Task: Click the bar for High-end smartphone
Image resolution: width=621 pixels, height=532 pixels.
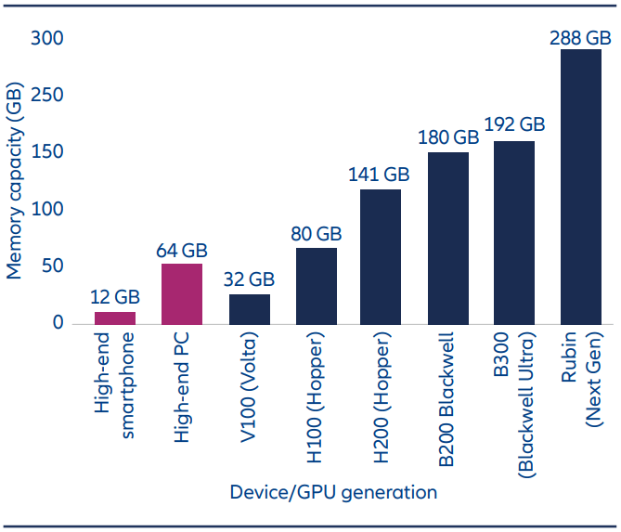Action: [115, 318]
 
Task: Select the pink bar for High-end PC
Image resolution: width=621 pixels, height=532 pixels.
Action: [182, 293]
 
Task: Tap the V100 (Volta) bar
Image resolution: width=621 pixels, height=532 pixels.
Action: [249, 309]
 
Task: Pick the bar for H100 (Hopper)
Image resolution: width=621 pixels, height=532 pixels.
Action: [316, 286]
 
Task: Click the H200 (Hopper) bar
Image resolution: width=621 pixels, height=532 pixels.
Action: [381, 256]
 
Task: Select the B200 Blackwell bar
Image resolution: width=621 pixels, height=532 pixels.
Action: [448, 238]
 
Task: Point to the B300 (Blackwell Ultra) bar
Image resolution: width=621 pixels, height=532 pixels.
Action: [514, 232]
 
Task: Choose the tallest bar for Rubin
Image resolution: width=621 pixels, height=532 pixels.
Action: [581, 187]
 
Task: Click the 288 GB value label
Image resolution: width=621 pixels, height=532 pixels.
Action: [580, 38]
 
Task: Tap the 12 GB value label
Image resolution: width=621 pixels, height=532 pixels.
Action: [115, 298]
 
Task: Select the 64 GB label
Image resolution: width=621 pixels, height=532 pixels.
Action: [182, 251]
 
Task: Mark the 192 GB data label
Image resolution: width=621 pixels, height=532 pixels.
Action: [514, 124]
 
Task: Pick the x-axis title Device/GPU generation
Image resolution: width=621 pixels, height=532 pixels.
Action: [333, 492]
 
